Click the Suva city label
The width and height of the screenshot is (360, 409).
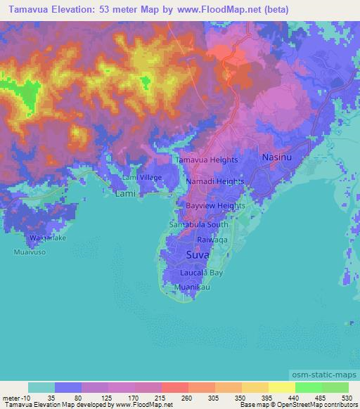199,254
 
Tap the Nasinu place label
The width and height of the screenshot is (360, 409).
277,159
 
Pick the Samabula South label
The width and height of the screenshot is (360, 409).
199,225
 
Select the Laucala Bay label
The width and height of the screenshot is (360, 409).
202,271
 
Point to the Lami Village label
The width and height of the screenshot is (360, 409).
142,178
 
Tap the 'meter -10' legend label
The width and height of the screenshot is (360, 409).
15,397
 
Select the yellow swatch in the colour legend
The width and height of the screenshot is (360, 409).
282,387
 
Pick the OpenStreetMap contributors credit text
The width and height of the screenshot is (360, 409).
319,405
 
